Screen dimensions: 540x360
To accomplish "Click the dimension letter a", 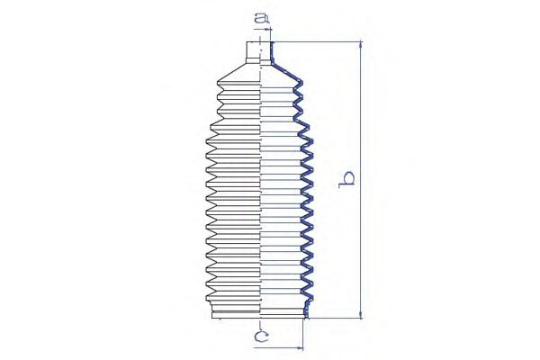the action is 262,18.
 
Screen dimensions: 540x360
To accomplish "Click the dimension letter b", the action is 346,179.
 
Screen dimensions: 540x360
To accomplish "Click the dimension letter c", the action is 261,337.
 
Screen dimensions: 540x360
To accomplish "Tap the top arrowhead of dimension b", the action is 361,45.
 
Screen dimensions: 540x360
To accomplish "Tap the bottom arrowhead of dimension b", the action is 361,315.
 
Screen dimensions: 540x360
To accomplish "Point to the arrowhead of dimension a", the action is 267,30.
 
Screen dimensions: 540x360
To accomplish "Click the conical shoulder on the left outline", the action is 231,72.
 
